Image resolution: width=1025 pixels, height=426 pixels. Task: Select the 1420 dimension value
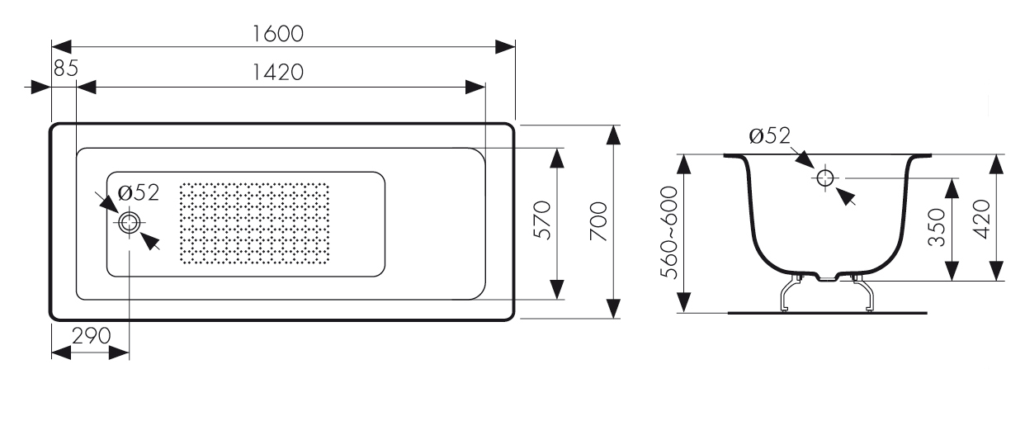(x=278, y=73)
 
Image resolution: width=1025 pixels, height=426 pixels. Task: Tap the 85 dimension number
(x=65, y=69)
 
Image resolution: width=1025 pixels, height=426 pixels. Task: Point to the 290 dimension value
(x=90, y=336)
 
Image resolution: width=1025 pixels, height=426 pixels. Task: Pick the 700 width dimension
(x=599, y=221)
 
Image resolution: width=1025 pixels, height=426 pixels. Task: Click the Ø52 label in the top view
(x=138, y=193)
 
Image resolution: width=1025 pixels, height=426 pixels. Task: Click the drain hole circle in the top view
(x=129, y=222)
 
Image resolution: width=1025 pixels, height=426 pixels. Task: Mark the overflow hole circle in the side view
(x=825, y=177)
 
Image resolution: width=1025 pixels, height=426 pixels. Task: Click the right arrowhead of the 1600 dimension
(x=506, y=46)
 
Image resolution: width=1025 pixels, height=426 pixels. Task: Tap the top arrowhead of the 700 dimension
(x=612, y=136)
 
